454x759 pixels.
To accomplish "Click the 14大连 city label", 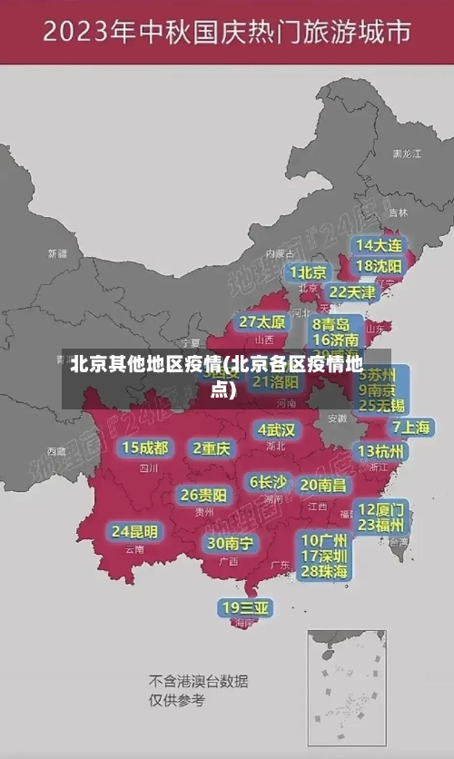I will point(378,245).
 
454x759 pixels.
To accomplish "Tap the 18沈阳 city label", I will point(379,266).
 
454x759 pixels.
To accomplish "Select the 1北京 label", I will point(309,271).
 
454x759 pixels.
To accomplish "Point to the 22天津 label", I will point(351,292).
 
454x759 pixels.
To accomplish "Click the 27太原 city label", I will point(262,322).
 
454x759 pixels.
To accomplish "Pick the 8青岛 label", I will point(331,324).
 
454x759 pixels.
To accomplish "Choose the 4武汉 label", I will point(276,429).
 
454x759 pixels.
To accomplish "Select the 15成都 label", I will point(145,448).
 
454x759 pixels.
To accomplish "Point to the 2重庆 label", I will point(212,448).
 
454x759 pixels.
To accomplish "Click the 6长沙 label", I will point(268,482).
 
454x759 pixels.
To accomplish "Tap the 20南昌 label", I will point(323,485).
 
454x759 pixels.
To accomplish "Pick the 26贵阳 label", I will point(203,495).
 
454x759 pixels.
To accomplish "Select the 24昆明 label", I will point(134,531).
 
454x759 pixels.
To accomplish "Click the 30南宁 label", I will point(230,543).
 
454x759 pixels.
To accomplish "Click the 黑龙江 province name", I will point(406,154).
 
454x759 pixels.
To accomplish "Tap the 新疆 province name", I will point(57,253).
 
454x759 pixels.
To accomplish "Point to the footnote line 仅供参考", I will point(177,700).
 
